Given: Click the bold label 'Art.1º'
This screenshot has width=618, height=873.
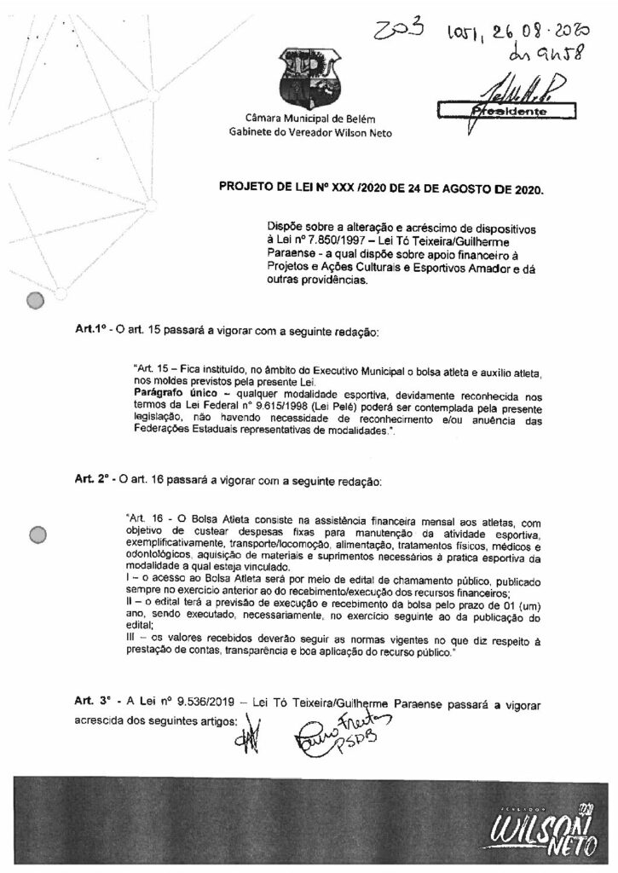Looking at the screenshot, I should click(91, 330).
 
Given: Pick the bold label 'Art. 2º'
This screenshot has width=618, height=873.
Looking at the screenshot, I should click(92, 482).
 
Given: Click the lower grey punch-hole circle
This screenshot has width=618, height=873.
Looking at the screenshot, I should click(38, 535).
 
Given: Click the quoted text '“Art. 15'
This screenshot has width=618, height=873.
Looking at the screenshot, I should click(143, 368).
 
